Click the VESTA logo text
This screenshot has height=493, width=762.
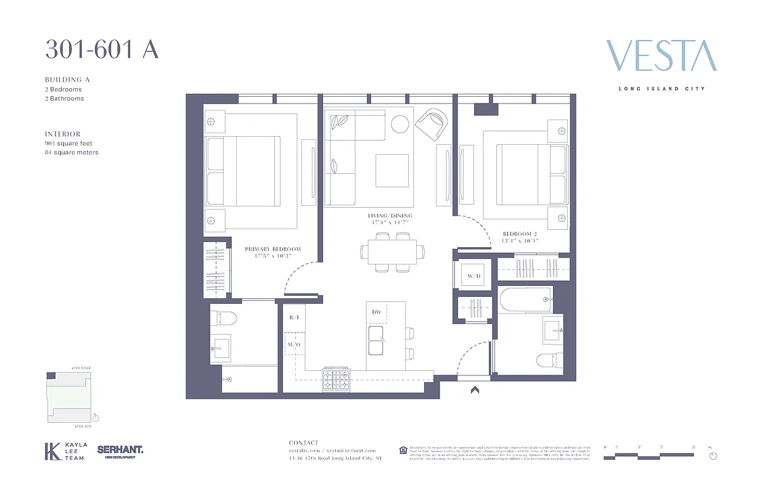pyautogui.click(x=662, y=56)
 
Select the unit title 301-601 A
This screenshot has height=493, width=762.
pyautogui.click(x=102, y=49)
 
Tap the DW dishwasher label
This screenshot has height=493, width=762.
pyautogui.click(x=377, y=312)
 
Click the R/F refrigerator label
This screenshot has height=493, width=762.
pyautogui.click(x=294, y=317)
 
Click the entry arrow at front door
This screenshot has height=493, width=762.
pyautogui.click(x=474, y=389)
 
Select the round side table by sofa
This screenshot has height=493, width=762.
pyautogui.click(x=400, y=124)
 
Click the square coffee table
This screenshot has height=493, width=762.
pyautogui.click(x=392, y=170)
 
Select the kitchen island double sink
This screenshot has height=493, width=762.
pyautogui.click(x=376, y=340)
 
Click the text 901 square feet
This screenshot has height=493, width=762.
pyautogui.click(x=68, y=143)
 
